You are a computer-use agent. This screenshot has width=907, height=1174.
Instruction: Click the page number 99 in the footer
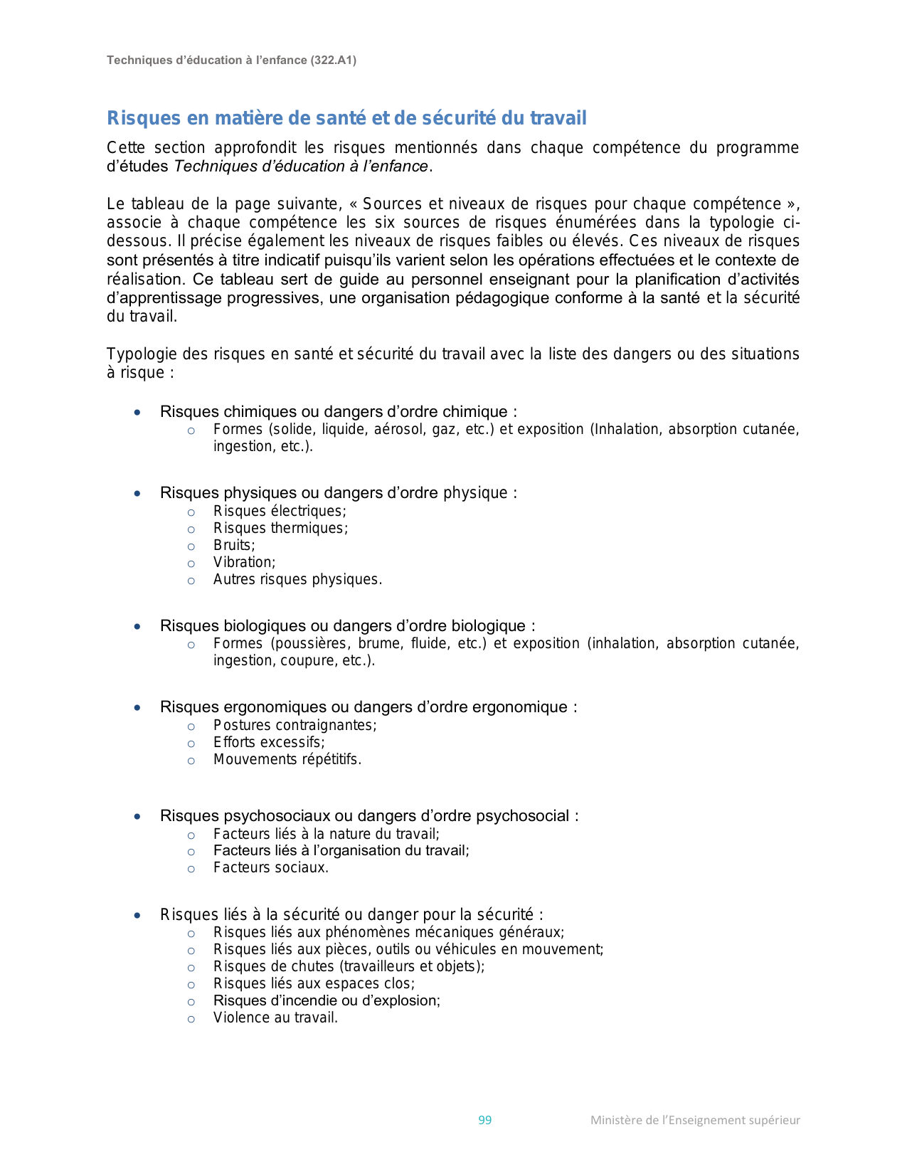click(484, 1120)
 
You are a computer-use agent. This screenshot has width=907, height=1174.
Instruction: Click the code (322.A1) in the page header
click(333, 60)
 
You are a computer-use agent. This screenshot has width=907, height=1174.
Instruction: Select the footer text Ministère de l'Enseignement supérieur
click(694, 1120)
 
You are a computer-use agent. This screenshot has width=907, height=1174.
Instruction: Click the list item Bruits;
click(234, 546)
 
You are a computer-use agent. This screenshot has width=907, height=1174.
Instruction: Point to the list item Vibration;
click(244, 563)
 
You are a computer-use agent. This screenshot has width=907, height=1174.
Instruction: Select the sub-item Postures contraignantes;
click(295, 726)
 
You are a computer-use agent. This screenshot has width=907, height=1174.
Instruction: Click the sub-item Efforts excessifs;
click(269, 743)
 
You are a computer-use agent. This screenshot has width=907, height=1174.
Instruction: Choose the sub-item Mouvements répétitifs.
click(287, 760)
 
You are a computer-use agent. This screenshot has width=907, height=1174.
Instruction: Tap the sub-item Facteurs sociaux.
click(271, 868)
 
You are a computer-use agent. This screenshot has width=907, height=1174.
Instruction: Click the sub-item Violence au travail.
click(275, 1018)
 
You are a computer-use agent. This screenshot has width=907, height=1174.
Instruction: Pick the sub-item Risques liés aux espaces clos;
click(314, 984)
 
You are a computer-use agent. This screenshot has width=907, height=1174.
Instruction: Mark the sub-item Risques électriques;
click(280, 512)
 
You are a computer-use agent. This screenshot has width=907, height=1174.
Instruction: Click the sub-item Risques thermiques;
click(280, 529)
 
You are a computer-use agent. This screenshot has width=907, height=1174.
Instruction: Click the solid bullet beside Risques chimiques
click(137, 413)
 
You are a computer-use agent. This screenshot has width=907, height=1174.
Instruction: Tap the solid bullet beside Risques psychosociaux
click(137, 817)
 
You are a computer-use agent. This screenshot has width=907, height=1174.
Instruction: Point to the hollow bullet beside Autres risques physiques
click(191, 581)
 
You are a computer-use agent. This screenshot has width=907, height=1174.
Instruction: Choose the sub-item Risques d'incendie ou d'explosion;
click(327, 1001)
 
